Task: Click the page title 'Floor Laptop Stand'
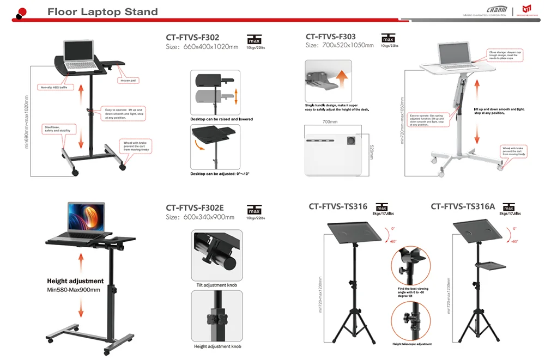102,11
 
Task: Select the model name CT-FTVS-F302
192,38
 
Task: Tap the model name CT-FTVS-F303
338,37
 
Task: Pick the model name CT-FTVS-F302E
195,208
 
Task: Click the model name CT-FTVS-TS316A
463,206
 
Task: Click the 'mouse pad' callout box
129,80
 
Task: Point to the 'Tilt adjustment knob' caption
216,285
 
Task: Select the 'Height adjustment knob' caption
217,346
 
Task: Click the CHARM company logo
496,10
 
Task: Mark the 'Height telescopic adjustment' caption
411,344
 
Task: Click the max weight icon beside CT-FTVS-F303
389,39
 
